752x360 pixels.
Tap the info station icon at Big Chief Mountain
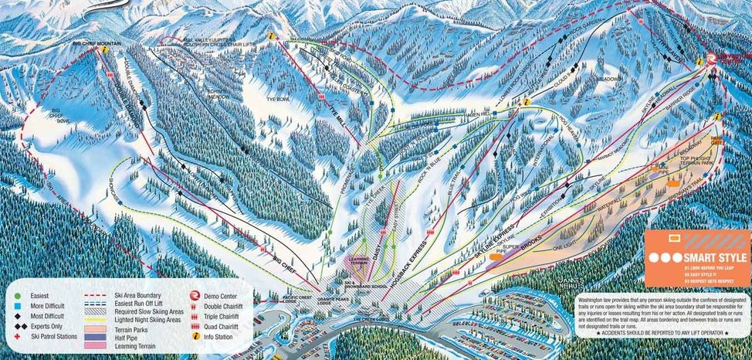coord(103,49)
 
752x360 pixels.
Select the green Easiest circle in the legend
coord(17,295)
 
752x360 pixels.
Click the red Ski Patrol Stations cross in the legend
coord(17,338)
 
